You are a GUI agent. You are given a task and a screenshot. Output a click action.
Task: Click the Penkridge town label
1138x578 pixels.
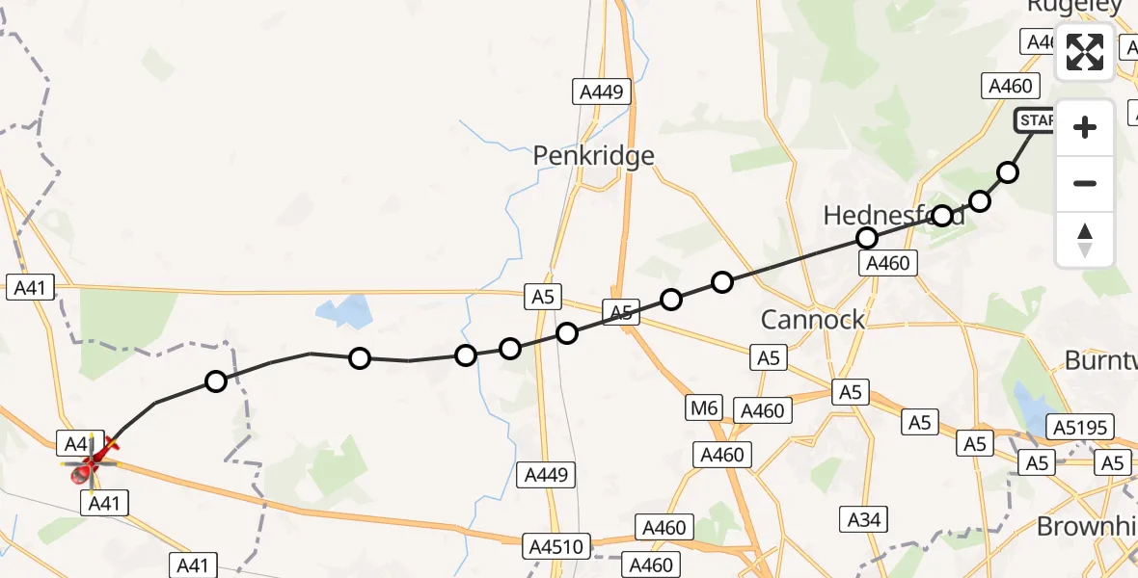pos(594,156)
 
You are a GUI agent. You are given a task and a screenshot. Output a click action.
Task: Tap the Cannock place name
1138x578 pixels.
pos(813,320)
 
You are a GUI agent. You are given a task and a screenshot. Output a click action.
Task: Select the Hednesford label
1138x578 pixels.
pos(893,216)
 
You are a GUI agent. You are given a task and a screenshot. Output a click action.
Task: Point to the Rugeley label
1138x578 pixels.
pos(1074,6)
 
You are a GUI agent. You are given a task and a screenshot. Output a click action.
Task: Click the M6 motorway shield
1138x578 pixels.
pos(704,408)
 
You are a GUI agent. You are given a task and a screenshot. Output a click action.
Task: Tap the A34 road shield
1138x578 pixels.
pos(864,519)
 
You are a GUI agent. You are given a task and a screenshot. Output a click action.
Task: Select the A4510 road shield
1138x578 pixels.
pos(556,547)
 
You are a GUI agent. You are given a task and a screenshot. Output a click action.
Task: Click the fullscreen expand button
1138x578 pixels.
pos(1085,52)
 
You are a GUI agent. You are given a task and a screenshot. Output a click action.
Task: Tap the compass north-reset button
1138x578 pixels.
pos(1085,240)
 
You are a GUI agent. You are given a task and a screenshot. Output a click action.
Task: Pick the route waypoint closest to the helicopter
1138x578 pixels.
pos(216,381)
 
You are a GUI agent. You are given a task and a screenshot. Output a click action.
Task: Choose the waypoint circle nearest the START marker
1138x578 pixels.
pos(1008,172)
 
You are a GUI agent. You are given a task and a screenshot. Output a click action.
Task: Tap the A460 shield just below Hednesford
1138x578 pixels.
pos(888,263)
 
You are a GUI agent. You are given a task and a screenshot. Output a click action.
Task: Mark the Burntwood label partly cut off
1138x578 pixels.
pos(1100,360)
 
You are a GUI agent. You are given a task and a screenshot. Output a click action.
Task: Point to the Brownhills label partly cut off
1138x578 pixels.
pos(1086,526)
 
